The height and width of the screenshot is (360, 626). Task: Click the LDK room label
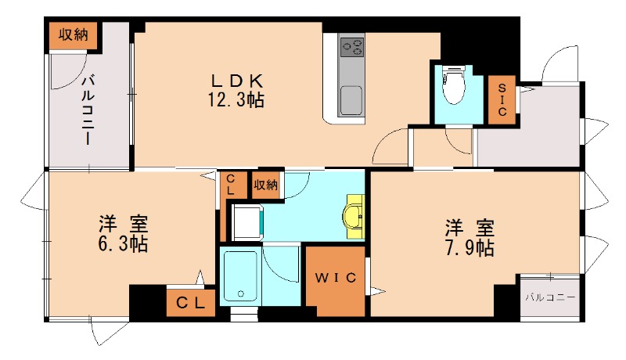pos(237,81)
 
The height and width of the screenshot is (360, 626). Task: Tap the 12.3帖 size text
pos(236,99)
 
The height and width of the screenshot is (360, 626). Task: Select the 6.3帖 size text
pos(123,243)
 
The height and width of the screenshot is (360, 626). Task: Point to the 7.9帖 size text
pos(469,248)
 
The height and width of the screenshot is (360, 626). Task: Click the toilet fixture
pos(454,86)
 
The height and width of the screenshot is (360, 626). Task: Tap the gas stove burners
pos(352,47)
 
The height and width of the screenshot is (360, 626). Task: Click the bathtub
pos(240,276)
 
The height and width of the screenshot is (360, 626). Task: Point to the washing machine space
pos(247,223)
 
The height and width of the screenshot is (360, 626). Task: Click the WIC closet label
pos(336,278)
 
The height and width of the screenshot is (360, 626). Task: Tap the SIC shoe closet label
pos(502,99)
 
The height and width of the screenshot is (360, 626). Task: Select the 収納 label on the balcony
pos(73,35)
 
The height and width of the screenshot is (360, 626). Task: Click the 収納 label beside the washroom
pos(265,185)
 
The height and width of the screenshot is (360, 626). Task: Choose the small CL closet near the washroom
pos(231,185)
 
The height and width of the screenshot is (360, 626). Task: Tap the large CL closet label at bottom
pos(190,303)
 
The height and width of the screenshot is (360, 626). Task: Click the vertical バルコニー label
pos(88,110)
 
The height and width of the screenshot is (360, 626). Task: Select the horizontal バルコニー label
pos(550,297)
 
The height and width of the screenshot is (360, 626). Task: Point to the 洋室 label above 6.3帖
pos(124,224)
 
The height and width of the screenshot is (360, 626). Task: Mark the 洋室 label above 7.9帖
pos(470,229)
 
